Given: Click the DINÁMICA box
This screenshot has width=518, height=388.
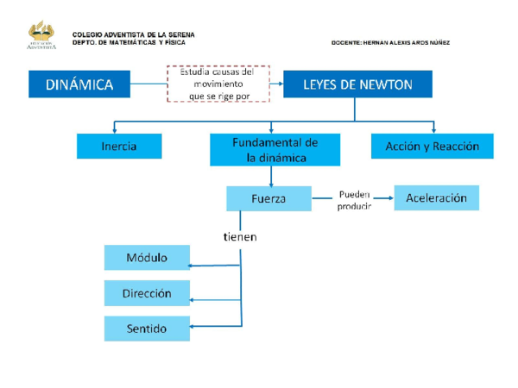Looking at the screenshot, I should pyautogui.click(x=79, y=84).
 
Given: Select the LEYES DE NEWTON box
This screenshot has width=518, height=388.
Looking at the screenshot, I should pyautogui.click(x=357, y=84).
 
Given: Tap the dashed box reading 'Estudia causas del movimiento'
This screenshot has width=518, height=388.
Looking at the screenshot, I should pyautogui.click(x=218, y=84).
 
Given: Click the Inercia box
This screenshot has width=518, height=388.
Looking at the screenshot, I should pyautogui.click(x=119, y=147).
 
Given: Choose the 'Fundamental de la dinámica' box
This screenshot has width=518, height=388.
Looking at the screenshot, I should pyautogui.click(x=271, y=149).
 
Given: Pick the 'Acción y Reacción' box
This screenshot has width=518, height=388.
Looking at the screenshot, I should pyautogui.click(x=432, y=147).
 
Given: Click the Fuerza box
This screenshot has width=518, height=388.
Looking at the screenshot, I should pyautogui.click(x=268, y=198).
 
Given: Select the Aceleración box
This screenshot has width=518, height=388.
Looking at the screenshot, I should pyautogui.click(x=436, y=198).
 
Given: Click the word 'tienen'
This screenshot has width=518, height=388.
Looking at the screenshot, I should pyautogui.click(x=240, y=235).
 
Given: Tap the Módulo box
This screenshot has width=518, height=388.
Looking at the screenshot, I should pyautogui.click(x=147, y=258).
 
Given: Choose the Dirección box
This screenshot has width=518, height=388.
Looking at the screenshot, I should pyautogui.click(x=147, y=293).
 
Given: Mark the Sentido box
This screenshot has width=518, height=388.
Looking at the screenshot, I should pyautogui.click(x=147, y=329).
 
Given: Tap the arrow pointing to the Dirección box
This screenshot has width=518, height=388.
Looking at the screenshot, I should pyautogui.click(x=197, y=300).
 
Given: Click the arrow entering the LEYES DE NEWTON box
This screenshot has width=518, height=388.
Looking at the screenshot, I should pyautogui.click(x=278, y=84).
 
